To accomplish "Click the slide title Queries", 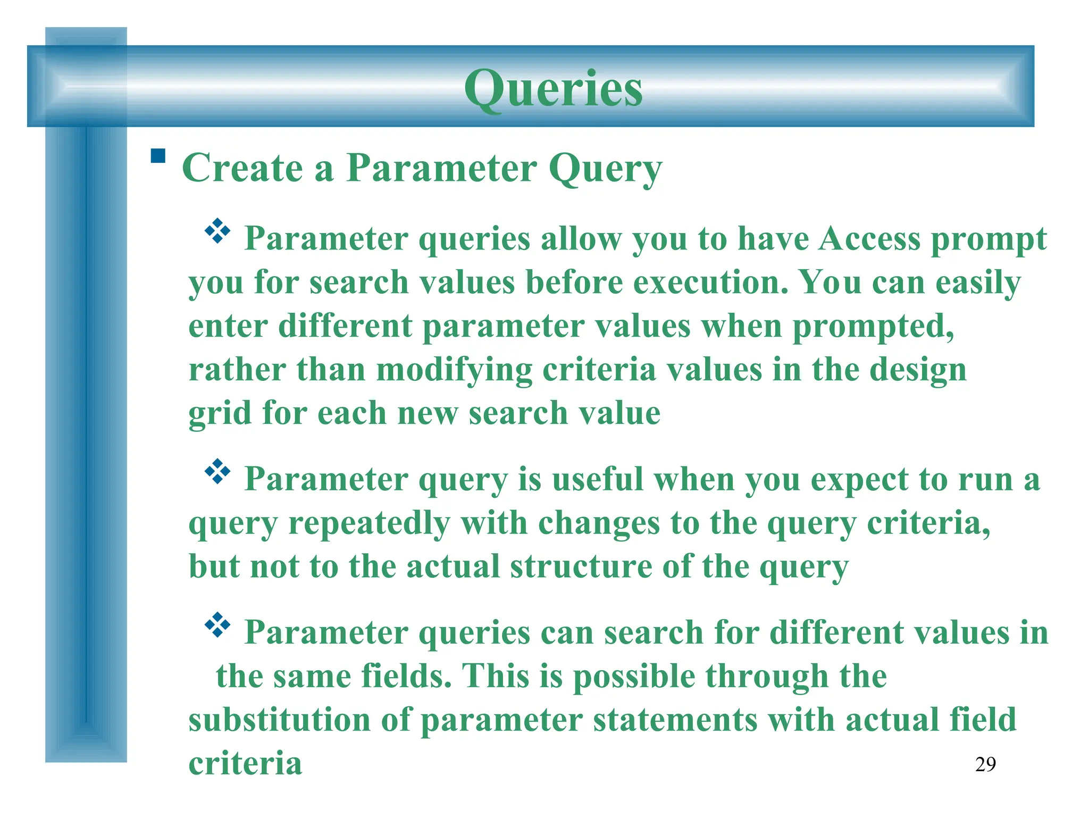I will tap(553, 88).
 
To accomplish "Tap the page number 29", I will tap(985, 764).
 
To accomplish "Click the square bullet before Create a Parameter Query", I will tap(158, 156).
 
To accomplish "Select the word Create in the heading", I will tap(242, 168).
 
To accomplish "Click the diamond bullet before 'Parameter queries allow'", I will tap(217, 231).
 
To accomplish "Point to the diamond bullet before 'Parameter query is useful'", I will tap(217, 471).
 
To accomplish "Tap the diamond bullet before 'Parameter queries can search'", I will tap(217, 625).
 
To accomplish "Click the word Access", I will tap(869, 238).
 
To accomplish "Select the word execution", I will tap(710, 282).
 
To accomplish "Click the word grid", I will tap(220, 414).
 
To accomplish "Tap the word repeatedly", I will tap(369, 523).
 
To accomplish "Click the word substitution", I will tap(279, 720).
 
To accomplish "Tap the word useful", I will tap(598, 479).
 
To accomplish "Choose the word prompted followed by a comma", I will tap(873, 327).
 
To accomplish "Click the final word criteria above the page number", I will tap(245, 763).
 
